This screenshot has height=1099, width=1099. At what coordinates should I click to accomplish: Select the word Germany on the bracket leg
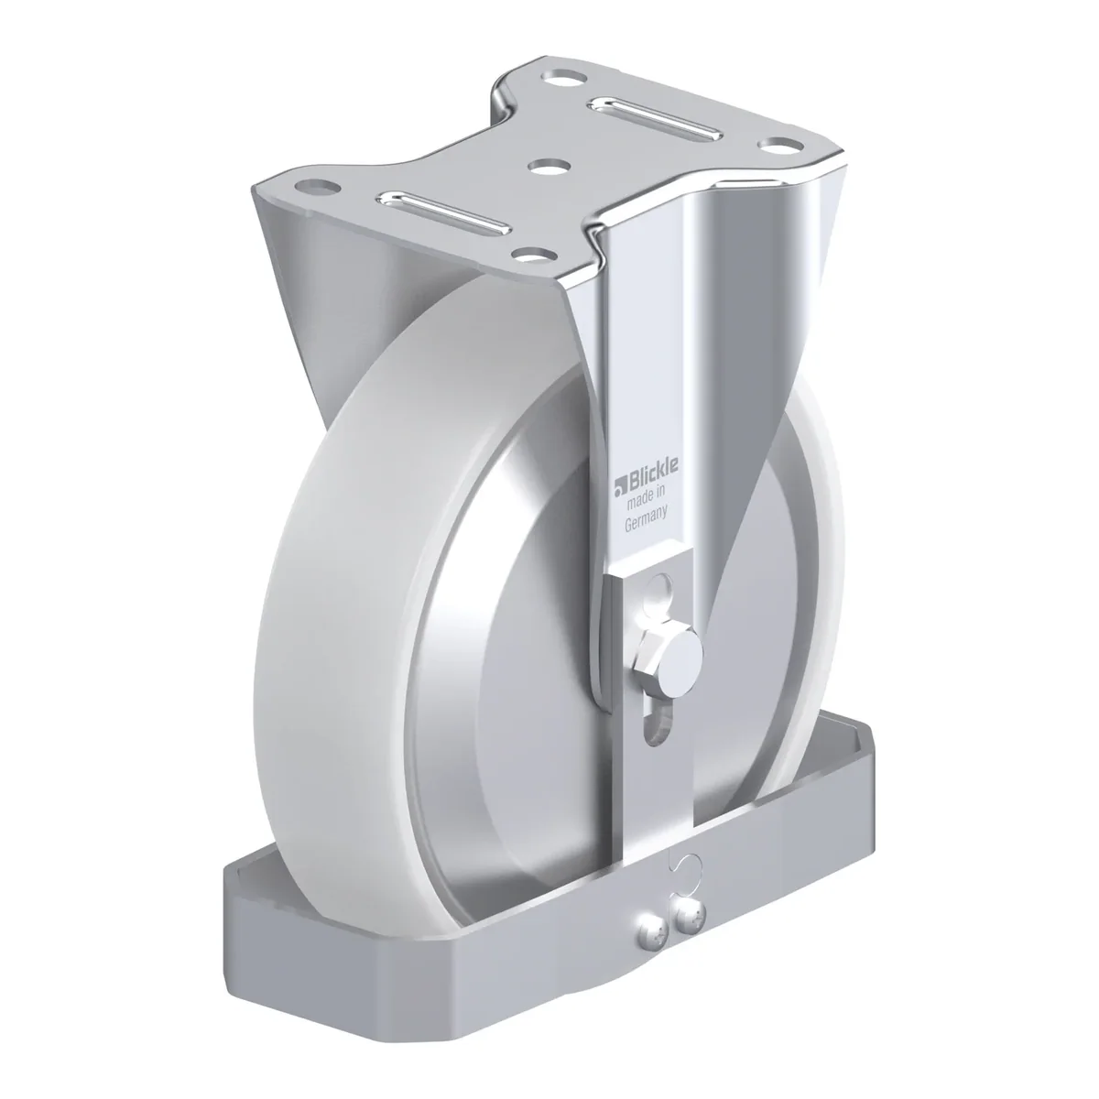[x=646, y=521]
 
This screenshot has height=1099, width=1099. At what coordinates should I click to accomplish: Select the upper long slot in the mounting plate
[x=656, y=117]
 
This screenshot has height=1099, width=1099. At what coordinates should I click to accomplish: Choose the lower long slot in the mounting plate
[x=443, y=211]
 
